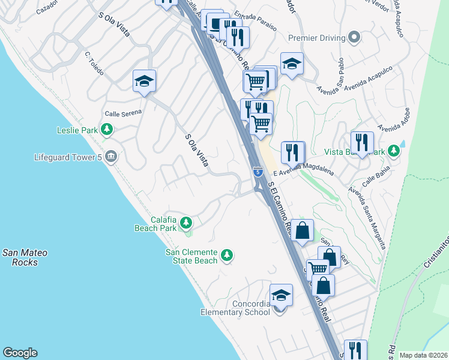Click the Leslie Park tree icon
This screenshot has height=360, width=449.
coord(107,129)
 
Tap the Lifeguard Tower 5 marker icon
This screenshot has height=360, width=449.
coord(110,157)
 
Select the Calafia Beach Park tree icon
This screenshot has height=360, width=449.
coord(186,224)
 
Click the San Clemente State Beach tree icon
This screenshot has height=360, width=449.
coord(226,256)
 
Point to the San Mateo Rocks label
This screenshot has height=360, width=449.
coord(25,257)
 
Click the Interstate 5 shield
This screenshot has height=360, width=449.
coord(257,172)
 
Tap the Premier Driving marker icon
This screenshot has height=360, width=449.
coord(354,37)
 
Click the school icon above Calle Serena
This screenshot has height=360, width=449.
coord(144,81)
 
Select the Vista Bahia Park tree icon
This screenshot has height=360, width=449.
coord(394,151)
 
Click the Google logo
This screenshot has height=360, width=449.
coord(20,353)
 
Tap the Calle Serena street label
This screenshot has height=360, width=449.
coord(123,112)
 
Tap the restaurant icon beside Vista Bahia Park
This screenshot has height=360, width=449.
coord(362,143)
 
